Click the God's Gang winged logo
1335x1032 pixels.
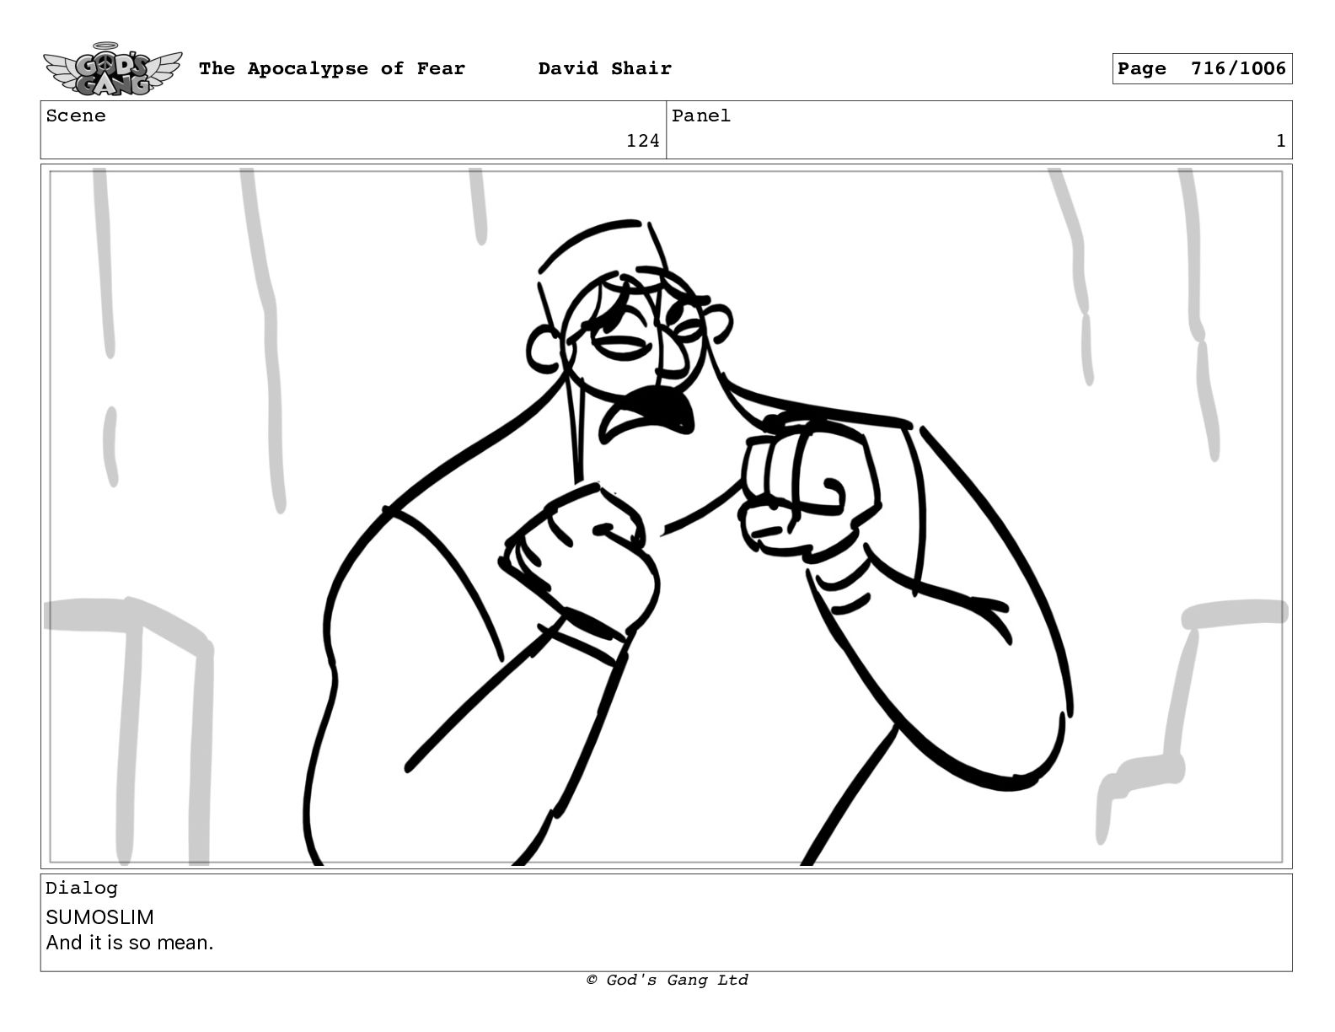112,69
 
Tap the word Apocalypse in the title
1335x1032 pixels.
308,69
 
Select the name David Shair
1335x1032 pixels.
604,68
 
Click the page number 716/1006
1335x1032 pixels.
1238,68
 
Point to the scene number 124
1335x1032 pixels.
642,141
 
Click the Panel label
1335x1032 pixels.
701,116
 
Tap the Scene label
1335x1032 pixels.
76,116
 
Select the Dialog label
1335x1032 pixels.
82,888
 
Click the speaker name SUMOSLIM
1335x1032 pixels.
100,917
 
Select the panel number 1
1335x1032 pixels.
1280,141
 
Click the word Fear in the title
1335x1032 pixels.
441,68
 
